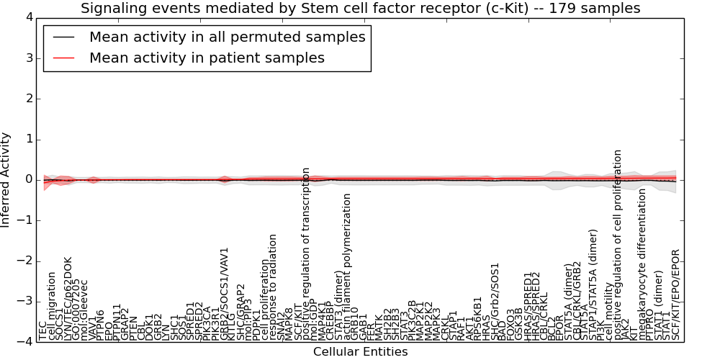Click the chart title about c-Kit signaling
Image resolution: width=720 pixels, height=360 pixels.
pos(360,9)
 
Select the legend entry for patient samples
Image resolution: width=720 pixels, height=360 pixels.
pos(207,58)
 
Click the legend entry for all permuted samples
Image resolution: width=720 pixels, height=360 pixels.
pos(227,37)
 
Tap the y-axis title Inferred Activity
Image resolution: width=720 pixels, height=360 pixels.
pos(6,179)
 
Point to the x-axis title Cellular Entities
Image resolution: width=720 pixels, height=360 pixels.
pos(360,351)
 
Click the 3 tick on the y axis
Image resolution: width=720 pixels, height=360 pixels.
pos(28,58)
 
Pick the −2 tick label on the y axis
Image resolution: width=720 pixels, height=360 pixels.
pos(25,261)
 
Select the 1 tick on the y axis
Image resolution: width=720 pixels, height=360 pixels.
pos(28,139)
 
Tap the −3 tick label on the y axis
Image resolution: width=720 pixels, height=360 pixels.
pos(25,301)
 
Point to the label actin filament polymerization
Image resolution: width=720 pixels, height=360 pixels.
pos(347,266)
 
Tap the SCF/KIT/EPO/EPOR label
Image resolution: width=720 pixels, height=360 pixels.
pos(675,294)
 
